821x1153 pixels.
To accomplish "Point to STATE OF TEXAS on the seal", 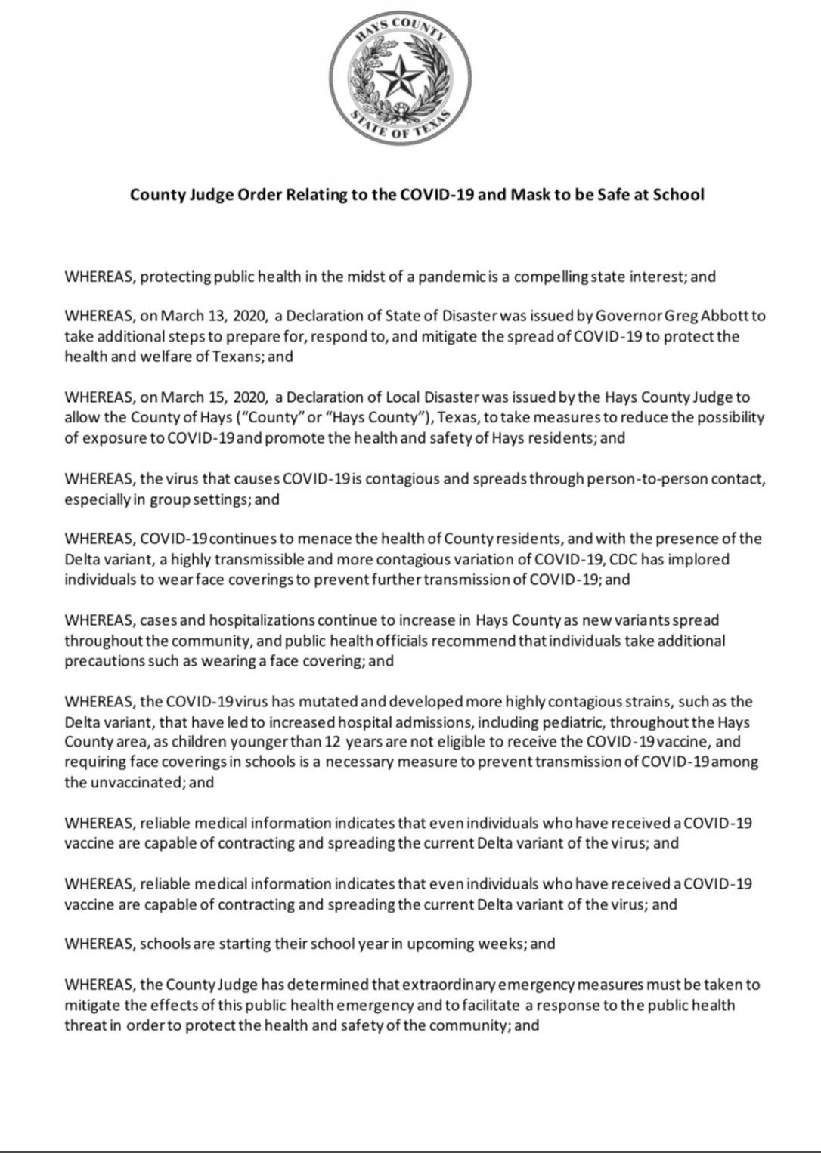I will click(x=401, y=129).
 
